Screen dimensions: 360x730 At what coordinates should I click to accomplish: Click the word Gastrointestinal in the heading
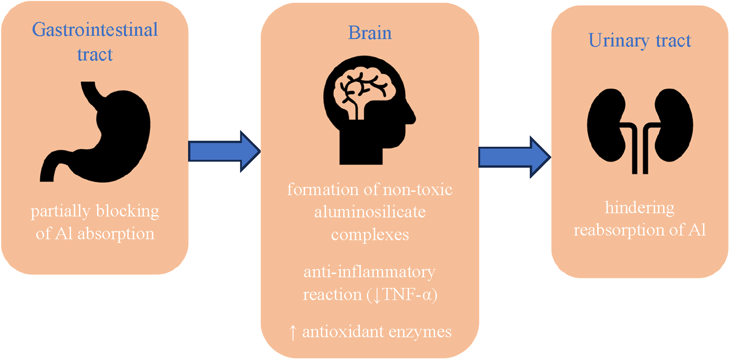pos(95,30)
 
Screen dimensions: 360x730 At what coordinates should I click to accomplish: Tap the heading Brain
pos(370,33)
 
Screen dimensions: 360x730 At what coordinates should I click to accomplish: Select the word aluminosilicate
pos(370,212)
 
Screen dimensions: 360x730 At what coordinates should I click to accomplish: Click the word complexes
pos(370,235)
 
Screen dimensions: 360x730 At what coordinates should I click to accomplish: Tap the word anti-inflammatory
pos(369,272)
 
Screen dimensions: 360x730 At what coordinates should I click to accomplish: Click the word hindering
pos(639,208)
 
